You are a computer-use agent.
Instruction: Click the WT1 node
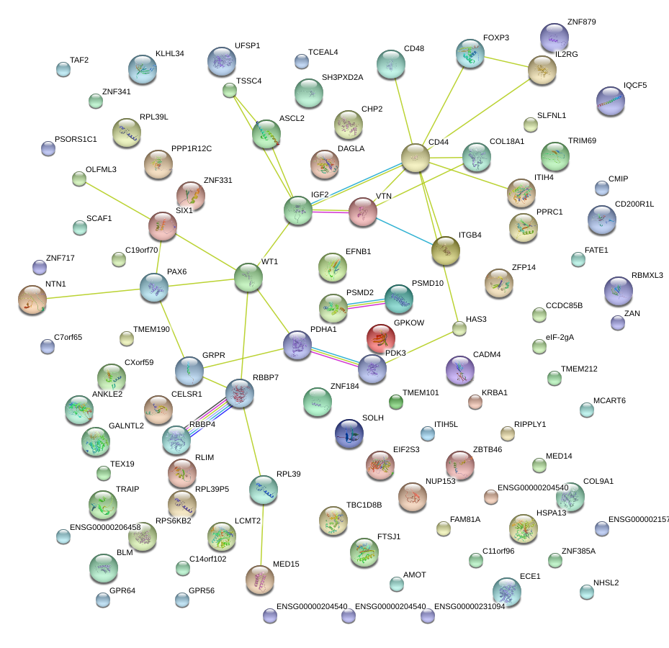[x=248, y=277]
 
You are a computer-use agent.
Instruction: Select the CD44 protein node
[x=416, y=158]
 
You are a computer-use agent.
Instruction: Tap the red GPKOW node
[x=380, y=338]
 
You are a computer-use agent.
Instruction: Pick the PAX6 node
[x=153, y=287]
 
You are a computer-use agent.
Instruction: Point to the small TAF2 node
[x=63, y=70]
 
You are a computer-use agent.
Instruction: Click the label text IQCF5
[x=635, y=85]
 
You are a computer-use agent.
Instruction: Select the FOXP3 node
[x=470, y=54]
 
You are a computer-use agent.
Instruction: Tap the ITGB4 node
[x=446, y=250]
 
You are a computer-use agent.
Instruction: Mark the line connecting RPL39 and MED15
[x=261, y=533]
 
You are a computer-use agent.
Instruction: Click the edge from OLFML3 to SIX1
[x=119, y=202]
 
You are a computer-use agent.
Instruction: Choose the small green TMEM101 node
[x=395, y=401]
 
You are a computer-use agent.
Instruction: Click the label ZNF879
[x=581, y=22]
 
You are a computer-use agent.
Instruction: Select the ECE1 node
[x=506, y=591]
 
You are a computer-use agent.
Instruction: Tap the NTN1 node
[x=32, y=300]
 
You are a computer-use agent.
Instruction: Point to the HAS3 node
[x=459, y=329]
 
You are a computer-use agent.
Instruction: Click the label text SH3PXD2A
[x=342, y=77]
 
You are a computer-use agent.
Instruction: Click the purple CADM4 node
[x=460, y=370]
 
